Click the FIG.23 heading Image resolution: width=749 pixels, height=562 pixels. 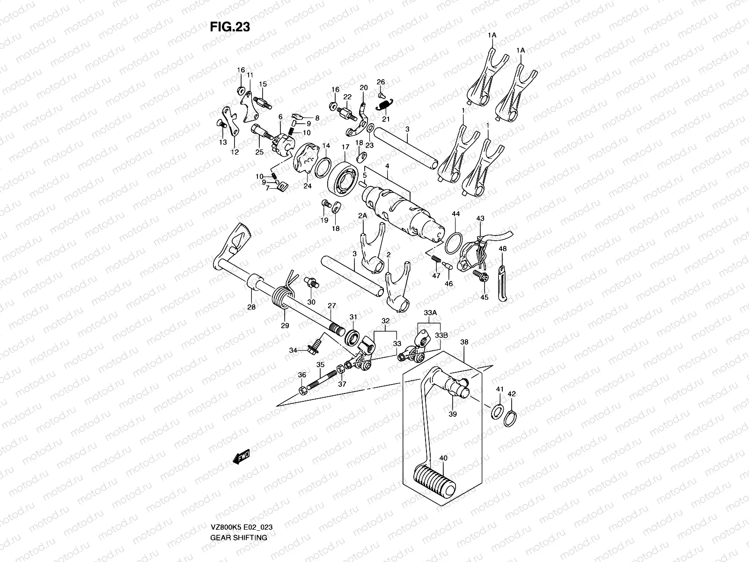(x=229, y=27)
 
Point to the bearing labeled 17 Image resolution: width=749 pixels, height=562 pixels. (x=346, y=177)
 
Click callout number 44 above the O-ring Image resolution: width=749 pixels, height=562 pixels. (x=455, y=214)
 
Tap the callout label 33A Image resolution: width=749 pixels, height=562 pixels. (x=430, y=312)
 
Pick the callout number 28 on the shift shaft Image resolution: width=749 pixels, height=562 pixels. (x=252, y=307)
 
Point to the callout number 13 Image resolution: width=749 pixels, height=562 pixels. (x=223, y=142)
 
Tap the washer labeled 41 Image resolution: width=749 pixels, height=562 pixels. (x=497, y=412)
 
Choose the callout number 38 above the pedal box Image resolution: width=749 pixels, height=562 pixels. (x=464, y=342)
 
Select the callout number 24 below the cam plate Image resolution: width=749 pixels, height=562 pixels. (x=307, y=185)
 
